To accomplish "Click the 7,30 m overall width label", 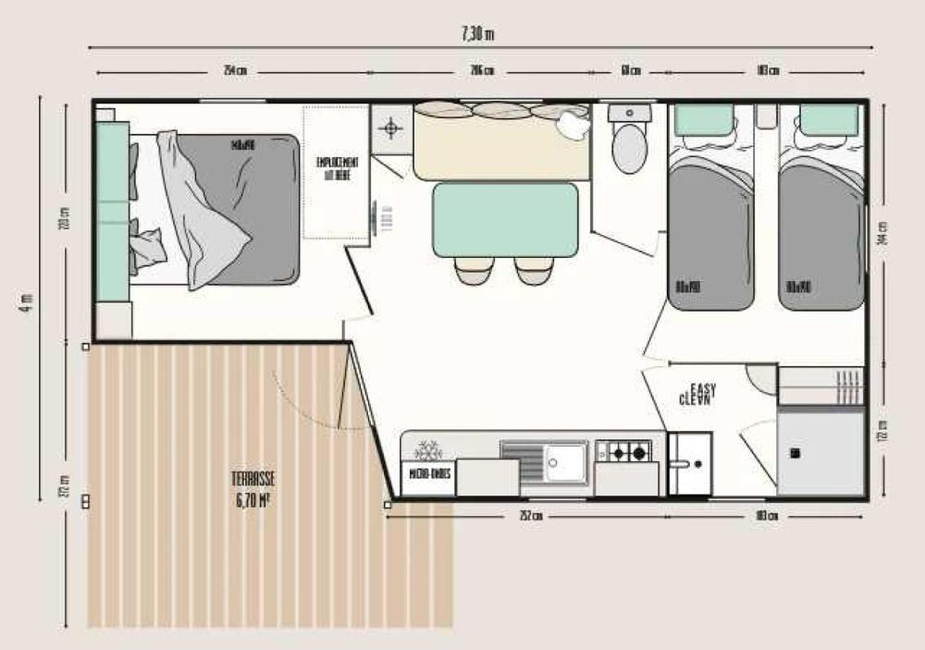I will (x=477, y=34).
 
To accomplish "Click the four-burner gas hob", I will (x=623, y=451).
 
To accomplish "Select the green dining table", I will (x=505, y=218).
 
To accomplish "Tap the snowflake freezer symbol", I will (x=428, y=450).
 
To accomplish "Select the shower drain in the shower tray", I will (x=794, y=454).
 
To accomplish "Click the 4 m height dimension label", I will (x=27, y=300).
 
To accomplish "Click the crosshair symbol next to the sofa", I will (x=392, y=128).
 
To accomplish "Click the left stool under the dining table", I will (x=473, y=270).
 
